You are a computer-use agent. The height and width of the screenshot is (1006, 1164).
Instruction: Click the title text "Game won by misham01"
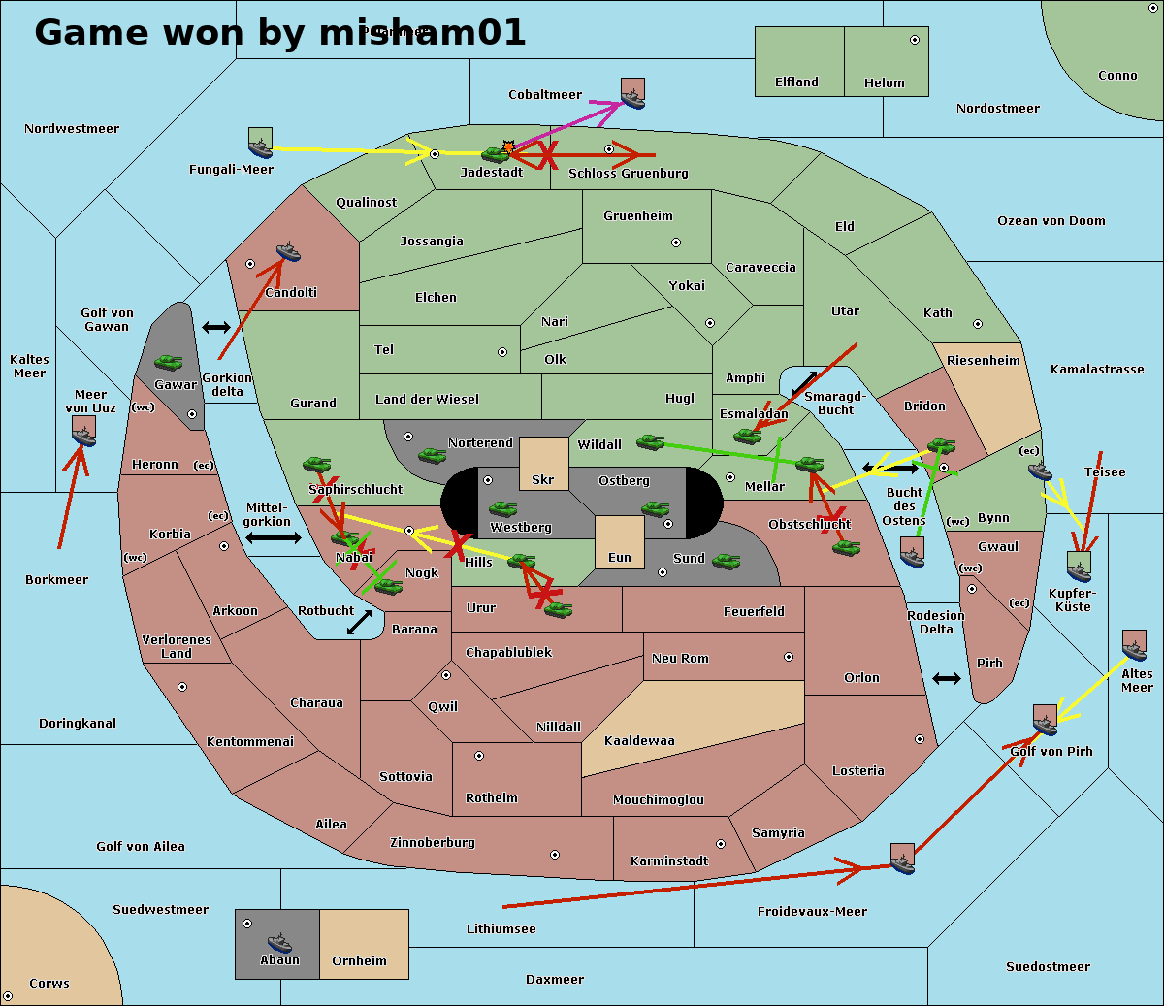[279, 32]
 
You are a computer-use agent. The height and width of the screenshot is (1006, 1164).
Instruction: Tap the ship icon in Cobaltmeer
[632, 94]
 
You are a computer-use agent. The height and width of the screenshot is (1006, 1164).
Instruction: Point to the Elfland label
[796, 82]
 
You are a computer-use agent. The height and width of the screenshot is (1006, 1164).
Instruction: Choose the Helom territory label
[884, 83]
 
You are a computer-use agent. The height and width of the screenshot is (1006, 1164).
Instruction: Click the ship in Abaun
[278, 941]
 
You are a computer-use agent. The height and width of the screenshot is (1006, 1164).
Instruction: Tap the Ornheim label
[359, 961]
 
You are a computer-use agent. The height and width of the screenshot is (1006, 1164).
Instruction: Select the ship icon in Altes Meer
[1134, 646]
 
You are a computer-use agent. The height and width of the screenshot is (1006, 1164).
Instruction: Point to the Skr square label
[543, 480]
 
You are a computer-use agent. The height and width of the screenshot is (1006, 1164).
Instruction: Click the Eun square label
[620, 558]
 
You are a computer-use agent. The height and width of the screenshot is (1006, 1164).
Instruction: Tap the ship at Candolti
[288, 252]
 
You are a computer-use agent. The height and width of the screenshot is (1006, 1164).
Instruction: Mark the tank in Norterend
[432, 455]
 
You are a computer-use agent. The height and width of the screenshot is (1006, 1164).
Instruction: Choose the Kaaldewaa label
[639, 741]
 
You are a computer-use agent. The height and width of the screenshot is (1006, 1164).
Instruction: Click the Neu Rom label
[680, 659]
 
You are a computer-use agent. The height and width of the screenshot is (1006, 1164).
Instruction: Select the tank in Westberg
[502, 508]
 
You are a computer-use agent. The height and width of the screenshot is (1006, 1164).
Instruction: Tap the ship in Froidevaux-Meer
[902, 859]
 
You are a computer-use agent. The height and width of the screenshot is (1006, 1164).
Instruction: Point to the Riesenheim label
[984, 361]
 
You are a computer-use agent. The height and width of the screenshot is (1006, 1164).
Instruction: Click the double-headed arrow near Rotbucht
[359, 622]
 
